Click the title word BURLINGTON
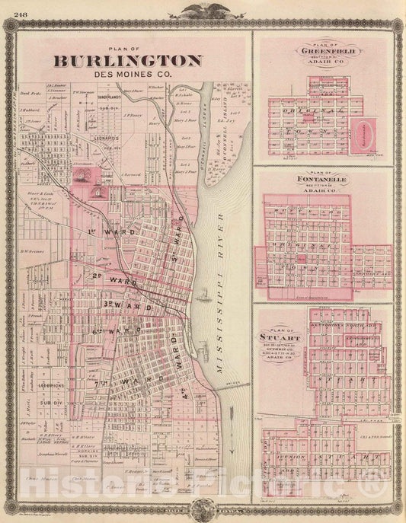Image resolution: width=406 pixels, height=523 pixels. pos(127,60)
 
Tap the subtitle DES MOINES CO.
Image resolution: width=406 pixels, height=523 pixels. pos(128,74)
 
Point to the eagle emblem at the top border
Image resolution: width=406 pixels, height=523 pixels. pos(203,10)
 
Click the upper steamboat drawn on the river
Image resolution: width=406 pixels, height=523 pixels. pos(208,293)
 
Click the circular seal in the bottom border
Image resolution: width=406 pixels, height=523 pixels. pos(203,512)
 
